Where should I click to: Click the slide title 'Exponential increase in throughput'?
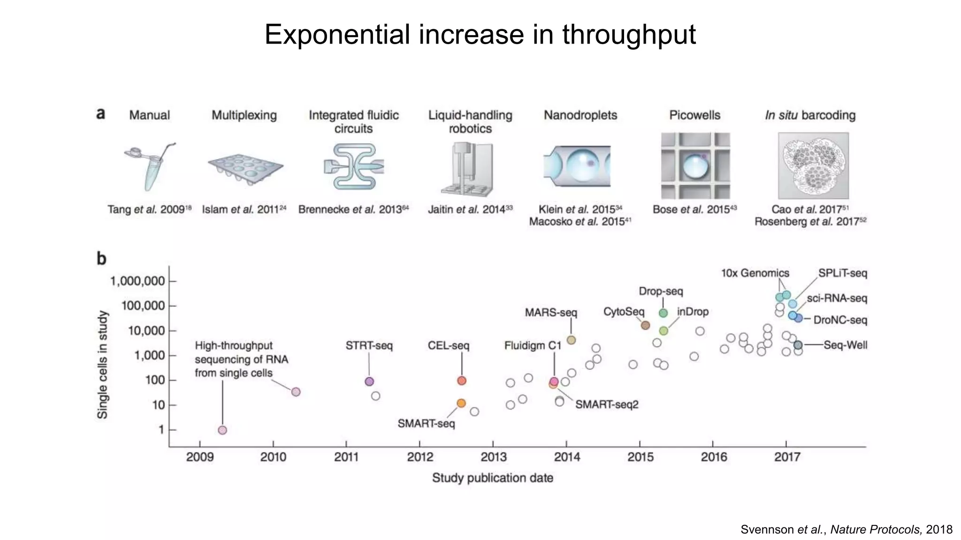click(x=480, y=35)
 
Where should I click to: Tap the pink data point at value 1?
click(x=222, y=430)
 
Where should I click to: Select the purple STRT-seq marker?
click(x=369, y=382)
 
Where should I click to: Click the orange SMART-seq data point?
click(x=461, y=403)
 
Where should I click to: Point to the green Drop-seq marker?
click(x=663, y=313)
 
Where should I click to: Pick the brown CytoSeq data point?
click(x=645, y=325)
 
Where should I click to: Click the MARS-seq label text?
click(x=550, y=313)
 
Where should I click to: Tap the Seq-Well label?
click(x=845, y=345)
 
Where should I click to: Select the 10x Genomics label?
click(x=755, y=273)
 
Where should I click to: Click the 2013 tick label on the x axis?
click(x=493, y=457)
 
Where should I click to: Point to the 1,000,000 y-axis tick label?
click(x=137, y=281)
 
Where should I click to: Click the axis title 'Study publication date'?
click(x=492, y=478)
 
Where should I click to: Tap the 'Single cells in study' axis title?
click(x=103, y=365)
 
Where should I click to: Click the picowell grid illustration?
click(x=695, y=166)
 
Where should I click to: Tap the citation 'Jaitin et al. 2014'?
click(x=470, y=210)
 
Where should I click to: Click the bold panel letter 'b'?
click(x=101, y=258)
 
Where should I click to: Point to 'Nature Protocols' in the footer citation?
click(x=876, y=530)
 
